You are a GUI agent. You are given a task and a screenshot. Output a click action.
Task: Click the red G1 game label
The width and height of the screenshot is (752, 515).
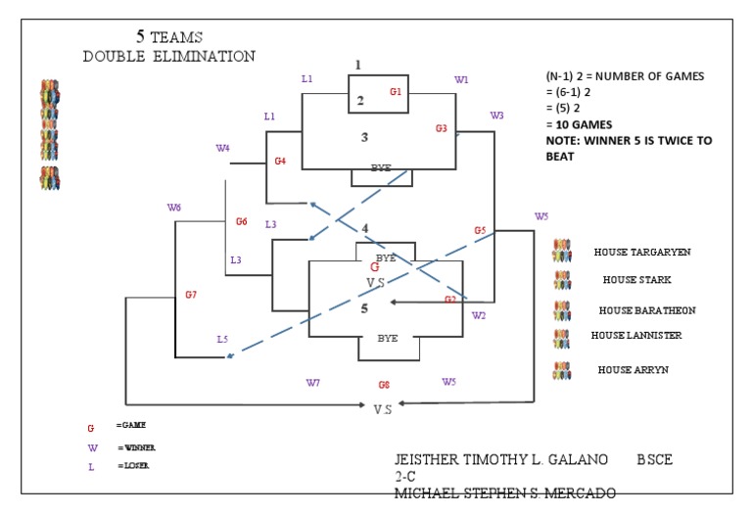(396, 92)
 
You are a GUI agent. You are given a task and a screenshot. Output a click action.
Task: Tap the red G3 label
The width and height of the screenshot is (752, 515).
(442, 128)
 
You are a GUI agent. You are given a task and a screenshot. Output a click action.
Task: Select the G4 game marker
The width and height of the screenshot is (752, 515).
(280, 161)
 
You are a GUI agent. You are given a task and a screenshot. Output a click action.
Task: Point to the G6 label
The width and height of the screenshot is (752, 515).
(241, 221)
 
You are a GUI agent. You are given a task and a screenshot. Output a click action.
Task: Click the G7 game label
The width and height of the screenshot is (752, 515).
(191, 295)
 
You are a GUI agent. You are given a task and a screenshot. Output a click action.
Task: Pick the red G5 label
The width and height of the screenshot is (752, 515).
(480, 230)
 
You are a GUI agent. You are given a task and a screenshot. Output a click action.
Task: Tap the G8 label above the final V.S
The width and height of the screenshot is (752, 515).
(384, 385)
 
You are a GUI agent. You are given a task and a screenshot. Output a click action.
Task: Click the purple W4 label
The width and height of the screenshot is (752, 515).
(222, 149)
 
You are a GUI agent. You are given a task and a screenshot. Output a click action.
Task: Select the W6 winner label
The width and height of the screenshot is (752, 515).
(174, 208)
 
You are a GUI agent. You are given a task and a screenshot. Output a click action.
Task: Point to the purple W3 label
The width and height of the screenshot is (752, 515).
(497, 116)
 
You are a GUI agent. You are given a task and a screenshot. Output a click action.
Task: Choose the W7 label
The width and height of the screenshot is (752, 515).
(313, 382)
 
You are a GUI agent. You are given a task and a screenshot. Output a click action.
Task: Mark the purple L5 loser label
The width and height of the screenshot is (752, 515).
(222, 340)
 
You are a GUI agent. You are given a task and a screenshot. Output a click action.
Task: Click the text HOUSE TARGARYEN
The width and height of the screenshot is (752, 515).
(642, 252)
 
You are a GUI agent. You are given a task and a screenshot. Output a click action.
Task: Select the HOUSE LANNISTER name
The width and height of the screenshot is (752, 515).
(636, 335)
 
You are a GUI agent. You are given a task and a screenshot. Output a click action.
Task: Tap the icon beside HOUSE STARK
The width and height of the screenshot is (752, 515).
(562, 280)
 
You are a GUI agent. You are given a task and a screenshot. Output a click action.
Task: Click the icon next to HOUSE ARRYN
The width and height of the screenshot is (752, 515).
(562, 371)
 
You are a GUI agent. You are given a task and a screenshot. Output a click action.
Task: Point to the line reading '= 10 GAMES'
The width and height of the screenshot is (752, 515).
(580, 124)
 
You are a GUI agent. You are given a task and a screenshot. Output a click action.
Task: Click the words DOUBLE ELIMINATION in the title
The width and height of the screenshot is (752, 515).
(168, 56)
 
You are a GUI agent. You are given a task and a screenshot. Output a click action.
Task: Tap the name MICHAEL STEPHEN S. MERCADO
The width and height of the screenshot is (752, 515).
(504, 492)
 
